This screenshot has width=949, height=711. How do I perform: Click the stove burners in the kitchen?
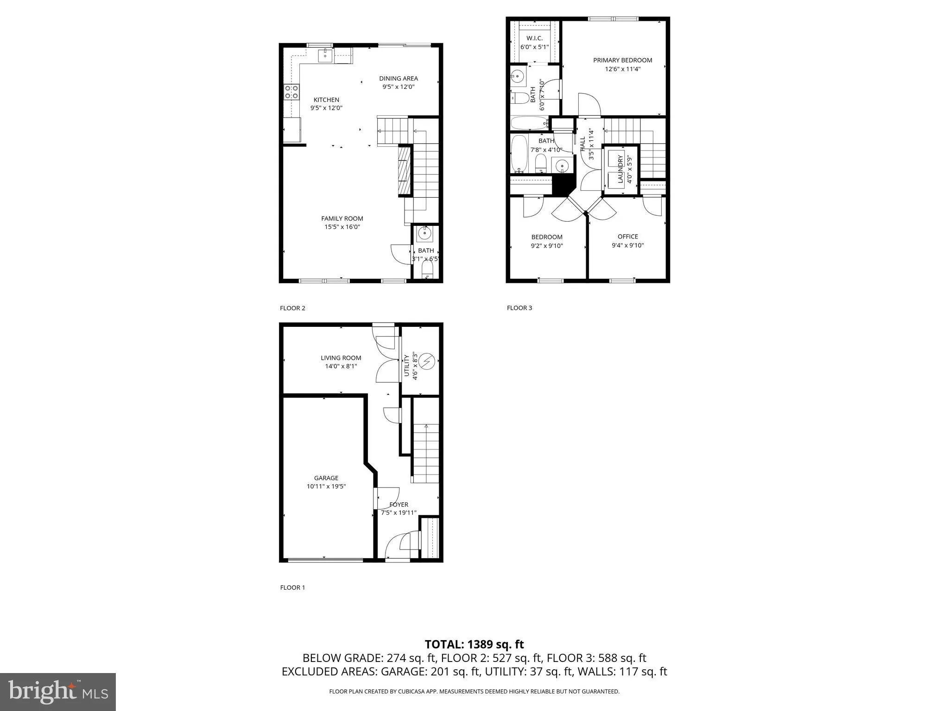[291, 92]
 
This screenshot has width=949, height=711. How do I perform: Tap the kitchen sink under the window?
[325, 56]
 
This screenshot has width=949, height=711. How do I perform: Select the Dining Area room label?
[398, 78]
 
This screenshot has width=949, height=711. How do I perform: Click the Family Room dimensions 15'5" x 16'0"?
[342, 227]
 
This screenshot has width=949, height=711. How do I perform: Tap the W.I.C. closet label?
[534, 38]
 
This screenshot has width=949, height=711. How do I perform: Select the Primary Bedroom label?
[622, 60]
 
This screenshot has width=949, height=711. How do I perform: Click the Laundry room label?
[620, 169]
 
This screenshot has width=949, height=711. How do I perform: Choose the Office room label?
[627, 237]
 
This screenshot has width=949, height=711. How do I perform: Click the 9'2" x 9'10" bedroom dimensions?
[547, 246]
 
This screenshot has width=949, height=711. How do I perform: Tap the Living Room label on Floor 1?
[341, 358]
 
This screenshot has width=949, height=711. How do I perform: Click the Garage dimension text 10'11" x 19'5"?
[326, 486]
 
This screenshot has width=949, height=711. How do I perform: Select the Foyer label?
[399, 505]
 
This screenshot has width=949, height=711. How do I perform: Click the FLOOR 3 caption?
[519, 308]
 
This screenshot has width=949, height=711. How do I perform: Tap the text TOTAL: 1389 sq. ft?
[474, 644]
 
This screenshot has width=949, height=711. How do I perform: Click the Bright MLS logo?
[58, 692]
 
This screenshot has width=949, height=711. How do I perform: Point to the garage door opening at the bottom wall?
[325, 560]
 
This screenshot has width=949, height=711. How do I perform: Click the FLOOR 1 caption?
[292, 587]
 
